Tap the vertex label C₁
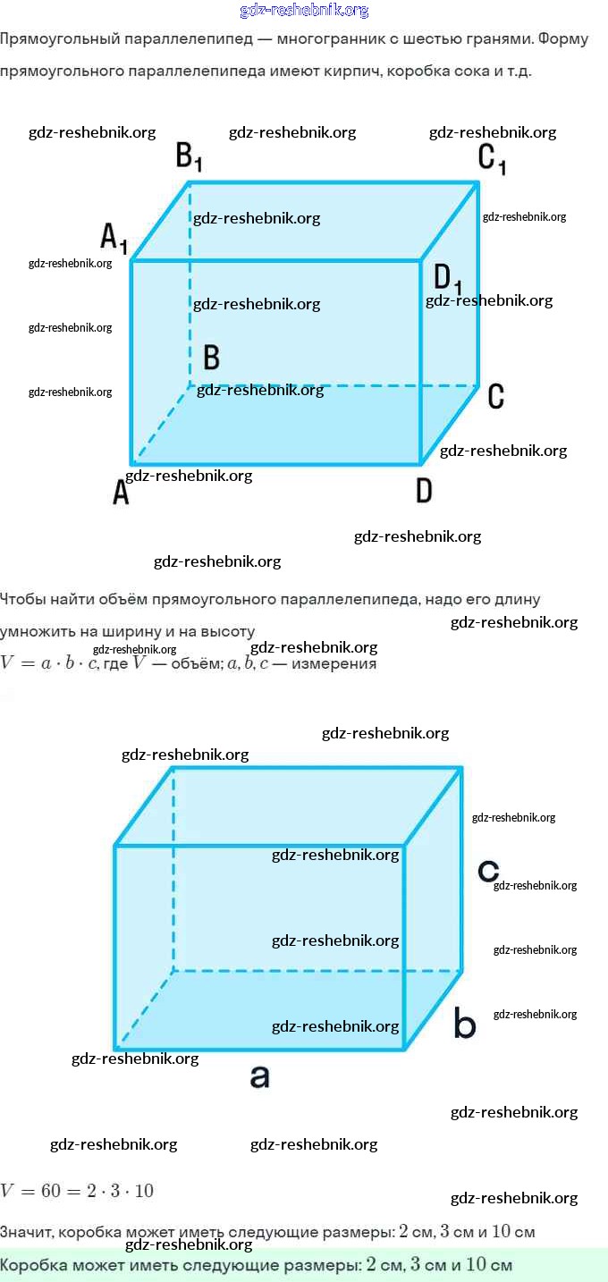click(492, 158)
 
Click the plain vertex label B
click(212, 358)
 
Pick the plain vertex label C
click(496, 396)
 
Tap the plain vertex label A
click(121, 492)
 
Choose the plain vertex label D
click(424, 491)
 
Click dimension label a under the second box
click(259, 1076)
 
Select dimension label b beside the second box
click(465, 1024)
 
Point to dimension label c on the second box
click(487, 870)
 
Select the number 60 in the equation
click(42, 1191)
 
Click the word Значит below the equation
click(25, 1232)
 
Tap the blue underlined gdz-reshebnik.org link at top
click(304, 11)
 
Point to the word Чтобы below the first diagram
click(22, 599)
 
